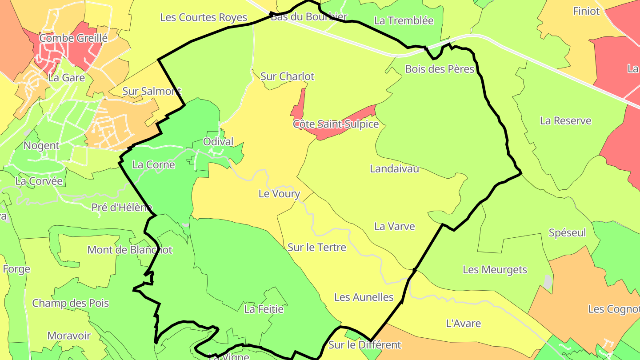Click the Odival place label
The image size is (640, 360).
pyautogui.click(x=218, y=142)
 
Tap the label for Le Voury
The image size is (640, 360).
pyautogui.click(x=279, y=194)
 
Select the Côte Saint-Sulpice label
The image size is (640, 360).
pyautogui.click(x=336, y=124)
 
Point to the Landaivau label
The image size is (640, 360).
pyautogui.click(x=394, y=169)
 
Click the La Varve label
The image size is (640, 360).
pyautogui.click(x=394, y=226)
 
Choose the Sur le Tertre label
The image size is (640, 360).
pyautogui.click(x=316, y=247)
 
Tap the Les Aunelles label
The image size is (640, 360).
pyautogui.click(x=364, y=297)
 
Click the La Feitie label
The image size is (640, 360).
pyautogui.click(x=264, y=309)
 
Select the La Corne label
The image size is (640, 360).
pyautogui.click(x=154, y=165)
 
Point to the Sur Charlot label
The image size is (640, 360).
pyautogui.click(x=287, y=76)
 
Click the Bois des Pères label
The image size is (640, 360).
pyautogui.click(x=440, y=69)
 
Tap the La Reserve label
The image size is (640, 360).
pyautogui.click(x=565, y=121)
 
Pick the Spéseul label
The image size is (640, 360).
pyautogui.click(x=567, y=233)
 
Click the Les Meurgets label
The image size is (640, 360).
pyautogui.click(x=495, y=270)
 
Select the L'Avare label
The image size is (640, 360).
pyautogui.click(x=463, y=324)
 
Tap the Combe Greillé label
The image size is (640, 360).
pyautogui.click(x=73, y=38)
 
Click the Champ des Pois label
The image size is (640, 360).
pyautogui.click(x=70, y=304)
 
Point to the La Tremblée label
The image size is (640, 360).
pyautogui.click(x=404, y=20)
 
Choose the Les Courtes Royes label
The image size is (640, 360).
pyautogui.click(x=204, y=17)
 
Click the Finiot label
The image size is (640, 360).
pyautogui.click(x=586, y=11)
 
